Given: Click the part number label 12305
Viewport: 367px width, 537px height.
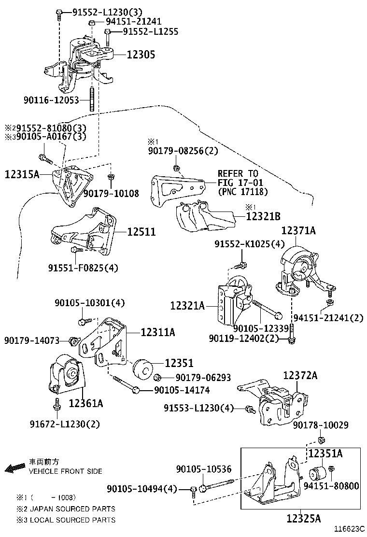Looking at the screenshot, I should point(141,55).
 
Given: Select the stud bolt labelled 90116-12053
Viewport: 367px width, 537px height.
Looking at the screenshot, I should point(91,100).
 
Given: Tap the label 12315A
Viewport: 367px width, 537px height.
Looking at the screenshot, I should point(22,174).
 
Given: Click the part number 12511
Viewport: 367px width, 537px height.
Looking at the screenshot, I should point(141,232).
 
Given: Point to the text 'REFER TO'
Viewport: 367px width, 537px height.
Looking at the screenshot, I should point(238,173).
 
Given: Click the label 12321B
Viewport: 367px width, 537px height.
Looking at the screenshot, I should point(263,217).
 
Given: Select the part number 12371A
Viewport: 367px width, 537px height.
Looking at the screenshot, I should point(298,231).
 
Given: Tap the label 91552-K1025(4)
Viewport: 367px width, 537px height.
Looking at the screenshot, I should point(250,245).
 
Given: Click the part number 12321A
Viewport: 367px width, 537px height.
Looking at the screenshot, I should point(187,305).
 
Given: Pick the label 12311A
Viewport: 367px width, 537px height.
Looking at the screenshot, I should point(158,332).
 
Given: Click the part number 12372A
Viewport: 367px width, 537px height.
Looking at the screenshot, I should point(300,375).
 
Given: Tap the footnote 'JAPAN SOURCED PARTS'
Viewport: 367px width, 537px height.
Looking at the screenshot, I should point(72,509).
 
